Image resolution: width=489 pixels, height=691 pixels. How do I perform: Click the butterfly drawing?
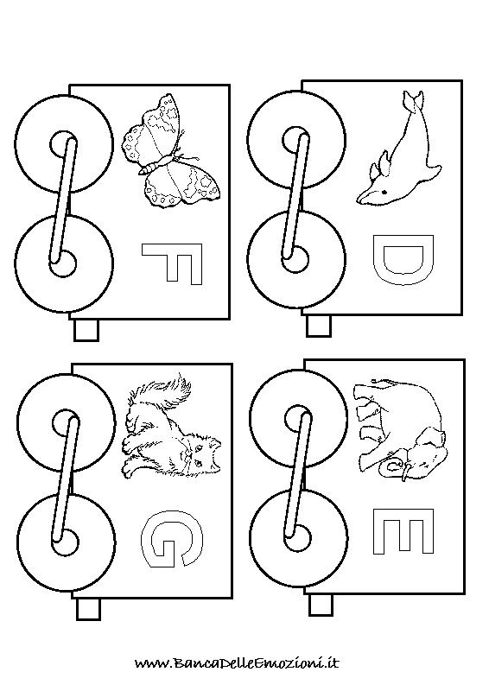tap(171, 152)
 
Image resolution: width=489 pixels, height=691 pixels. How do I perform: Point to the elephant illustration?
tap(399, 428)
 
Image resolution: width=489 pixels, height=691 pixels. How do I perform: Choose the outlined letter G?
tap(172, 542)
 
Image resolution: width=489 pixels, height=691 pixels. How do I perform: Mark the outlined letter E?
tap(403, 531)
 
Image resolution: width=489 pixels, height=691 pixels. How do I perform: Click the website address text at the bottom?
tap(238, 662)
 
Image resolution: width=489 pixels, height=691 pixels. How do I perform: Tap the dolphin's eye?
tap(384, 193)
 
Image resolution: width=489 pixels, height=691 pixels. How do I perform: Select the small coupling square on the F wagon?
tap(86, 330)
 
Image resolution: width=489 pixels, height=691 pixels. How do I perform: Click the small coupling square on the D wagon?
tap(319, 326)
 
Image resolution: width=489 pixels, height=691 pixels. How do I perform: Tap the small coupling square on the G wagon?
tap(89, 609)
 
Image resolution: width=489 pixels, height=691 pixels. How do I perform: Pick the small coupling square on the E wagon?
tap(321, 605)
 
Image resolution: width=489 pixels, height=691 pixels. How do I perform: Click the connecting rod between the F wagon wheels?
tap(63, 200)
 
